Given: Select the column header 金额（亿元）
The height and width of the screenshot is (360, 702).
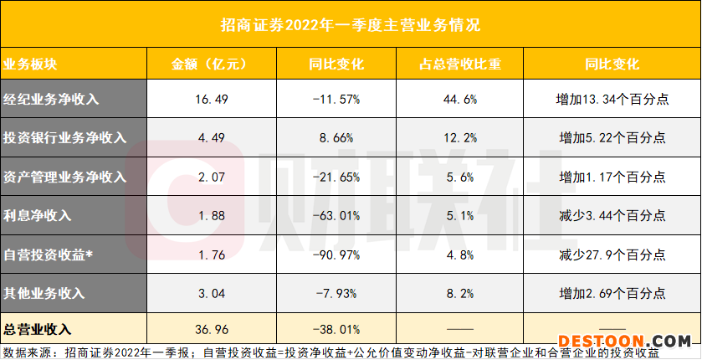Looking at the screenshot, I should click(x=207, y=63).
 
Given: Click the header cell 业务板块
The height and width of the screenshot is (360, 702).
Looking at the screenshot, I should click(x=31, y=63).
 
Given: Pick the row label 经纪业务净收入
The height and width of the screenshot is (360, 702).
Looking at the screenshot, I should click(x=52, y=99).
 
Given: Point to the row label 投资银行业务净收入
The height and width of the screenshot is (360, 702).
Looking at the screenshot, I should click(x=64, y=137).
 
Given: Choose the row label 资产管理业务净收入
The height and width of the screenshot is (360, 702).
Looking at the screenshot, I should click(x=64, y=176).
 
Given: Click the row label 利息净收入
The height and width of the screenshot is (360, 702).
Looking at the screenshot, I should click(x=38, y=215).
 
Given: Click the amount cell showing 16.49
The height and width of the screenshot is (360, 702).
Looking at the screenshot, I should click(x=207, y=99).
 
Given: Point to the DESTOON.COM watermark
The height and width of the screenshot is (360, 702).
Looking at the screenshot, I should click(x=624, y=342).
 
